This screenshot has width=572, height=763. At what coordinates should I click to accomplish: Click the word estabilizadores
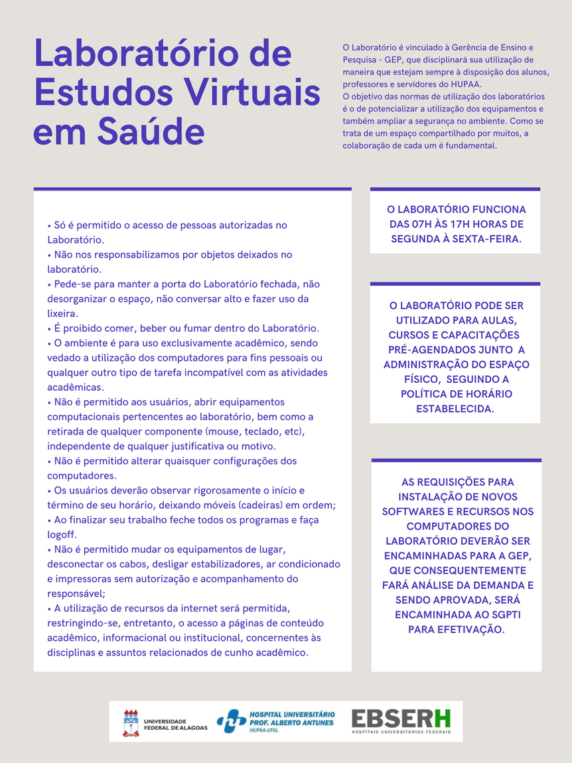tap(216, 564)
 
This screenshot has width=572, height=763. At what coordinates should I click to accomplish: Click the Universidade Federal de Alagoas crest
tap(131, 723)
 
